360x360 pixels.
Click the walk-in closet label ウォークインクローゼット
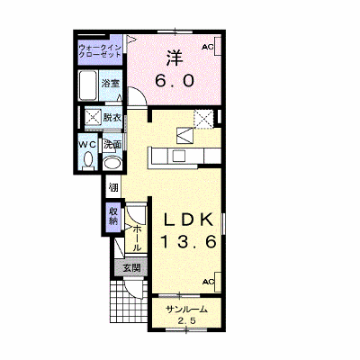[100, 51]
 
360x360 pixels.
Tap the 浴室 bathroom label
[111, 84]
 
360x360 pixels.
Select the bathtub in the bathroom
[88, 85]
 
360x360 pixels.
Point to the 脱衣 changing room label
[112, 117]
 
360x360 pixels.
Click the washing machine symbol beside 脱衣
[94, 117]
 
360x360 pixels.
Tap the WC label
[87, 145]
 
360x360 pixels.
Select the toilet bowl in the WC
[88, 159]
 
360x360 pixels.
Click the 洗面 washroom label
[112, 145]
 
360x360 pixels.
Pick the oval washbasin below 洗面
[112, 164]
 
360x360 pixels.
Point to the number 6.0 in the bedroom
[175, 80]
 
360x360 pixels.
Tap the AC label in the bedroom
[207, 47]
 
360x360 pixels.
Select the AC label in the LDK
[209, 282]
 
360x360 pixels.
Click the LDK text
[188, 220]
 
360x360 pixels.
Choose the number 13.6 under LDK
[188, 241]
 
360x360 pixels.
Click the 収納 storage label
[113, 216]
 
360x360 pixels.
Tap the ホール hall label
[137, 238]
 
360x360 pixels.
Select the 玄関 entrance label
[132, 267]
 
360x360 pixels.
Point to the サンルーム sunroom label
[186, 310]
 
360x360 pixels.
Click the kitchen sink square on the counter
[178, 156]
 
